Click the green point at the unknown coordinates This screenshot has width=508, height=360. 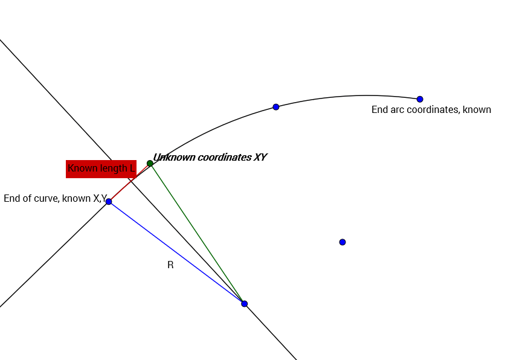pos(150,163)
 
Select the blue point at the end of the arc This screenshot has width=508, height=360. pos(420,99)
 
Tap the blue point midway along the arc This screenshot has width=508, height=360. pos(276,107)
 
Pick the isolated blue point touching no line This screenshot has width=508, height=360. pos(342,242)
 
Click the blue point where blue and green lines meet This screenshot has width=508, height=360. pos(244,303)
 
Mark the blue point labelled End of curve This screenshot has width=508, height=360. pos(109,201)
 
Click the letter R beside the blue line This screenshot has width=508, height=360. pos(170,265)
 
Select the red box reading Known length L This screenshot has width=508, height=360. pos(100,169)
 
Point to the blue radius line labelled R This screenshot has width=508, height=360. pos(176,252)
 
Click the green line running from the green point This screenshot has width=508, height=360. pos(197,233)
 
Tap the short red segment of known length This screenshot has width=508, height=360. pos(129,182)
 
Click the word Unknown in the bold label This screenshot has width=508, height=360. pos(173,158)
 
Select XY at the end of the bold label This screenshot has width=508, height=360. pos(260,158)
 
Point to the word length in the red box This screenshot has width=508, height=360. pos(114,169)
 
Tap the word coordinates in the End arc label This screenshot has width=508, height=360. pos(434,110)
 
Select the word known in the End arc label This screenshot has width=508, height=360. pos(478,110)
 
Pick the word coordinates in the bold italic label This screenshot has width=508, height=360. pos(224,158)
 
